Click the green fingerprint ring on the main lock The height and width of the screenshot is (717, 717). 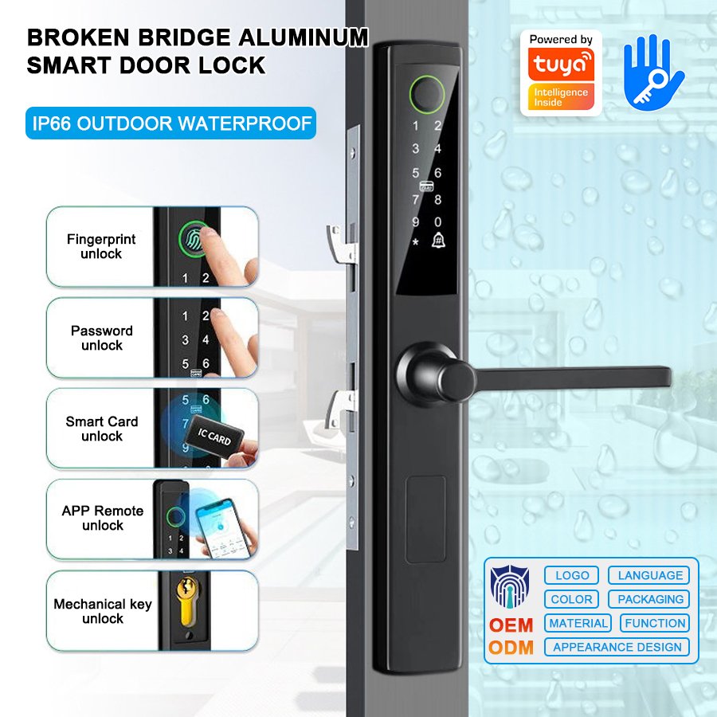(427, 95)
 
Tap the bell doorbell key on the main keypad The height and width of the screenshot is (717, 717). (438, 240)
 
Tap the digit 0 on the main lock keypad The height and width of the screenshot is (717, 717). (437, 222)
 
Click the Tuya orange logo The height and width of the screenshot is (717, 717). (561, 64)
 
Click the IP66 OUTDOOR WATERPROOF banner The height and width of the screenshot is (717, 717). (171, 123)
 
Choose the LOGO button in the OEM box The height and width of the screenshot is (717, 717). (571, 575)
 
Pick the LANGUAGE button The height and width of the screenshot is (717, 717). (649, 575)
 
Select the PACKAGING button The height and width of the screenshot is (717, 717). (649, 599)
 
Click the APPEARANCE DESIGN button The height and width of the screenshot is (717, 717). (617, 647)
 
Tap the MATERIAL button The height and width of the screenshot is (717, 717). (578, 623)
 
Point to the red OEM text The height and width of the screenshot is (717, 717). (511, 625)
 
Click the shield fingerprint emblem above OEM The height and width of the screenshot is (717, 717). (509, 587)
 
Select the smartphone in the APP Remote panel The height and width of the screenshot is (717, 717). (223, 528)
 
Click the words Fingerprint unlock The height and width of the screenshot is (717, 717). (101, 246)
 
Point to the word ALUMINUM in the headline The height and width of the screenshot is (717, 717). (304, 37)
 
